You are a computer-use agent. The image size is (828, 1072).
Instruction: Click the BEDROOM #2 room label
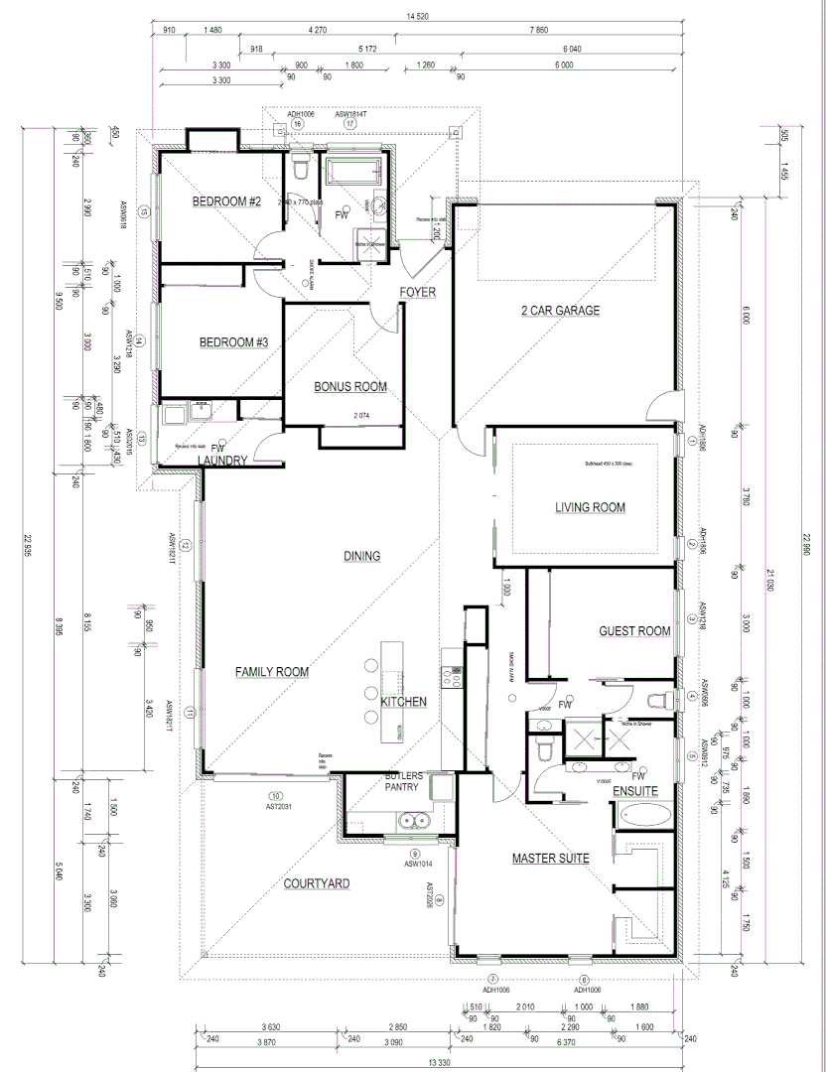click(225, 202)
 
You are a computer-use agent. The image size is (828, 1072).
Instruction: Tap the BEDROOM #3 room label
click(234, 342)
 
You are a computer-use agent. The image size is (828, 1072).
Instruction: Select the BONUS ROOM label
click(350, 387)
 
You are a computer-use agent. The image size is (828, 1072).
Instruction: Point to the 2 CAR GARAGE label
click(561, 311)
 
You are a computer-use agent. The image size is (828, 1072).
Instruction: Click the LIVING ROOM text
click(590, 508)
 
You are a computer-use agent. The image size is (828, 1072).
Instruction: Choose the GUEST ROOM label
click(634, 631)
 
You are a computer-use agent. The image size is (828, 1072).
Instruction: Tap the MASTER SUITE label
click(551, 859)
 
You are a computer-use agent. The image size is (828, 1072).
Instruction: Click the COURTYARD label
click(316, 883)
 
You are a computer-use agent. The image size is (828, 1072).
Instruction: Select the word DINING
click(361, 557)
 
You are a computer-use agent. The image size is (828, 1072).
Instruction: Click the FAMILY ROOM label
click(271, 673)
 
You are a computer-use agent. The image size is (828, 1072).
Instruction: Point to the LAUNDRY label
click(221, 461)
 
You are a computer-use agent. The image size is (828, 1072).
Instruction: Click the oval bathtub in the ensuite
click(645, 817)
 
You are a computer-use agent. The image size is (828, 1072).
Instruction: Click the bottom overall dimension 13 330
click(437, 1061)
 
